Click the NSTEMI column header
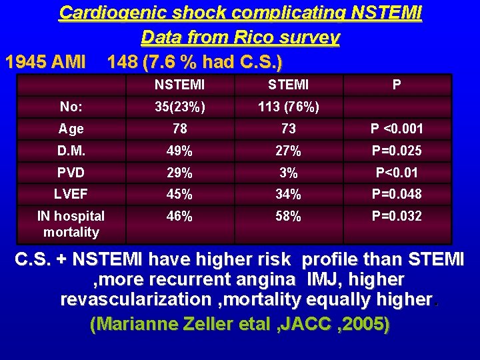click(179, 85)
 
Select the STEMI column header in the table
click(288, 85)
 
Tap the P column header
click(397, 85)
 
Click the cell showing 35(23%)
click(179, 107)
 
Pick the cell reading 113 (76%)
click(288, 107)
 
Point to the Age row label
click(71, 129)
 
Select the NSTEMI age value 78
click(179, 129)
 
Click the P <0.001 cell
click(397, 129)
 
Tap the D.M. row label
click(71, 151)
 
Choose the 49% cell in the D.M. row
click(179, 151)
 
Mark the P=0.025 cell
click(397, 151)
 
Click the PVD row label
click(71, 173)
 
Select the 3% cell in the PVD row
click(288, 173)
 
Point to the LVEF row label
click(71, 195)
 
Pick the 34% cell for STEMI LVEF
click(288, 195)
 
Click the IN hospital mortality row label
click(71, 224)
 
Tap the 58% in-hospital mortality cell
click(288, 217)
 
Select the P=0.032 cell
click(397, 217)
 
